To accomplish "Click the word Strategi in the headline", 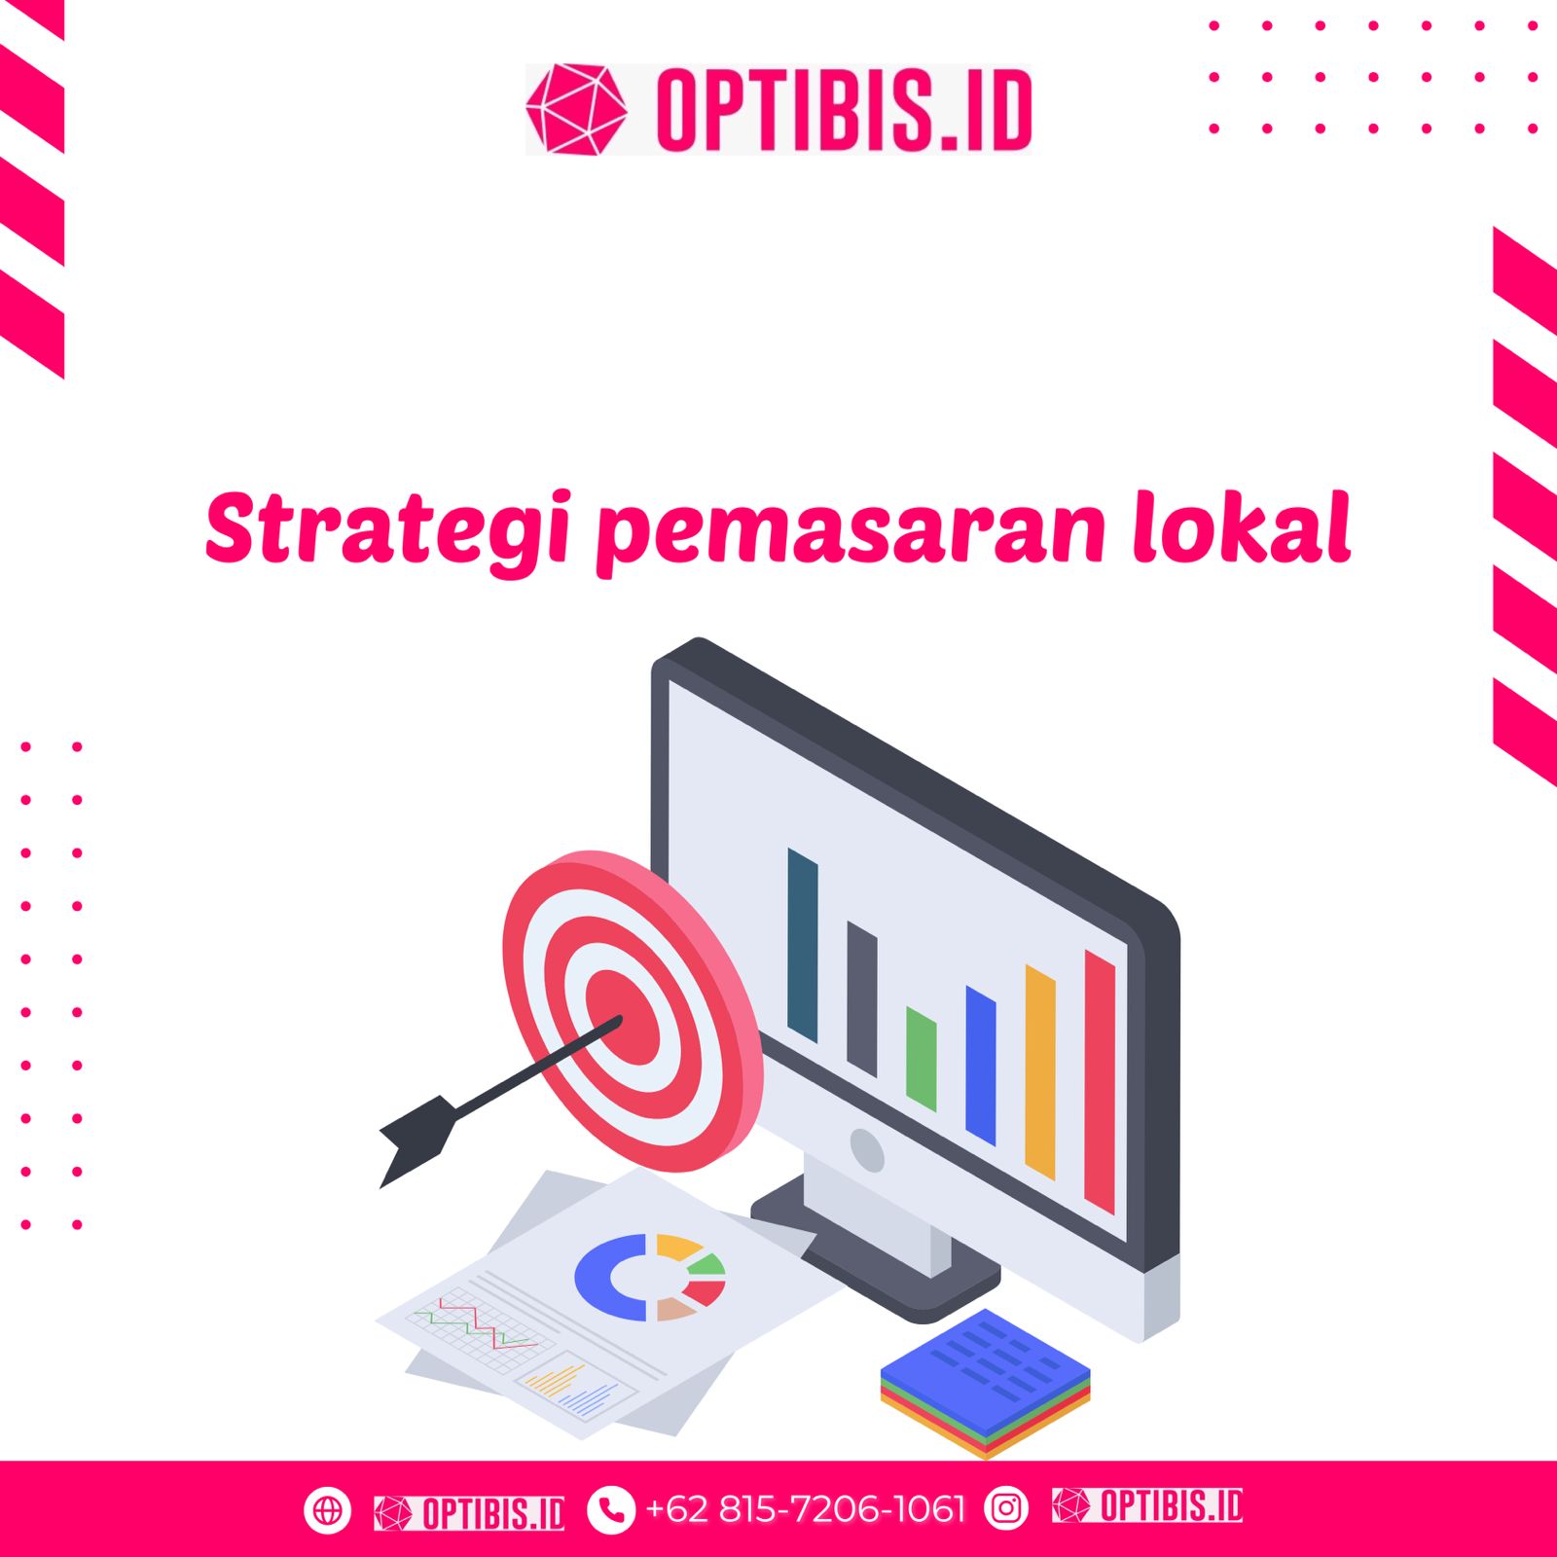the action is point(387,528).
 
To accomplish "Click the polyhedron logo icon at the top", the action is point(576,109).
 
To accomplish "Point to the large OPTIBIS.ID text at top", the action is point(844,110).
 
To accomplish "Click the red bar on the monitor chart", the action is point(1100,1082).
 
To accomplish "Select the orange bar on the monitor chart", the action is point(1040,1072).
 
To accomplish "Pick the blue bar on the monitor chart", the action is point(981,1066).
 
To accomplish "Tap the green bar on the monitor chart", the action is point(922,1059).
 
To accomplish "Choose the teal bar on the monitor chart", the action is point(803,945).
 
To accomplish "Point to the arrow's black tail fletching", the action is point(416,1140).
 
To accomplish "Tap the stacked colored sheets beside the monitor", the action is point(985,1383).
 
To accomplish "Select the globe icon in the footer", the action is point(327,1510).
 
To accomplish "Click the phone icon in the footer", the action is point(611,1510).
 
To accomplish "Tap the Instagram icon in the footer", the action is point(1006,1509).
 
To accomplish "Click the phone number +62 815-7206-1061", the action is point(806,1509).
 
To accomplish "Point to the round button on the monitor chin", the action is point(866,1150).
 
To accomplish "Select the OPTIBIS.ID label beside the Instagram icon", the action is point(1147,1505).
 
